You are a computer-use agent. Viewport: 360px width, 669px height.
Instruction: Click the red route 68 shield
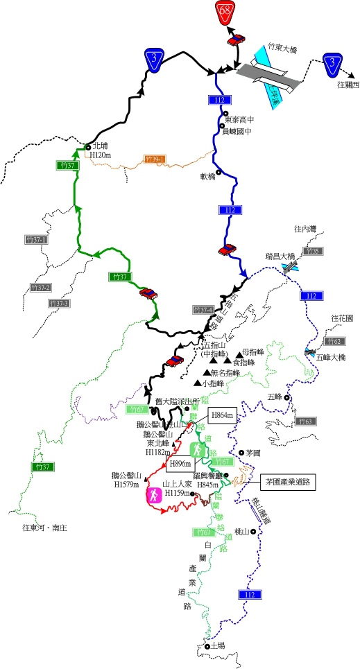225,12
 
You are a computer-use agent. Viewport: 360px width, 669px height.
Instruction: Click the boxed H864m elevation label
223,415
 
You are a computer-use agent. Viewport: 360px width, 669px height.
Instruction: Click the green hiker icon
198,450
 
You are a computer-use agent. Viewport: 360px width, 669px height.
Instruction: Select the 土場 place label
217,645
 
